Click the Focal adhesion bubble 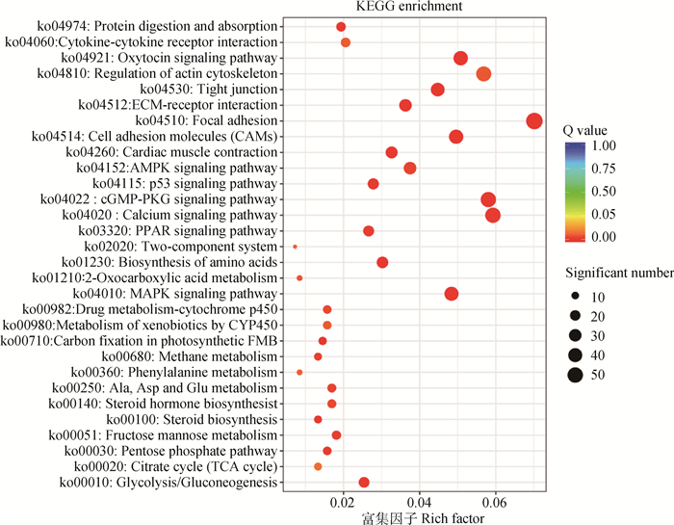534,120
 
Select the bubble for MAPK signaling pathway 452,294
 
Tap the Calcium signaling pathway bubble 493,215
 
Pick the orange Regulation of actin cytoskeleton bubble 483,74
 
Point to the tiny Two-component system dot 295,247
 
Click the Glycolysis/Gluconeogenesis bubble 364,482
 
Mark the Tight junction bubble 438,90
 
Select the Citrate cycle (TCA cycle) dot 318,466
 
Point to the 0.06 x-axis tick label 495,503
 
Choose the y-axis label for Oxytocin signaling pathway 178,59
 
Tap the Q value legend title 588,129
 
